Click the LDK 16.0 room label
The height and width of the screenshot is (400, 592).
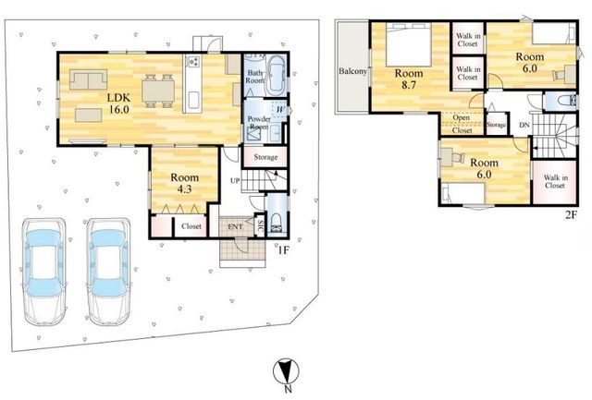point(119,103)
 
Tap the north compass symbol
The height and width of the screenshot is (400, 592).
point(286,370)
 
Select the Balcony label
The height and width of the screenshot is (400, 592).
point(352,71)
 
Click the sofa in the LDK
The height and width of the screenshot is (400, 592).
point(89,79)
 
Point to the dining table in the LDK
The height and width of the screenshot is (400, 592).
point(158,91)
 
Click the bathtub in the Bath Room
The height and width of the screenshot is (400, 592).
point(277,76)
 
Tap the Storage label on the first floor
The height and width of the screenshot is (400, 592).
point(265,157)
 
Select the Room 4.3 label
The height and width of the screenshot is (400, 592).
point(184,183)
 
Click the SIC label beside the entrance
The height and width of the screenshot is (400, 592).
point(260,225)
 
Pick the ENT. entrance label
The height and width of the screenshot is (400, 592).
point(235,226)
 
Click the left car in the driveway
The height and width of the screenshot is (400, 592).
point(44,272)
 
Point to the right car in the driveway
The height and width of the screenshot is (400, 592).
point(108,272)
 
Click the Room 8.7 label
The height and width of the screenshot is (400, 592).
point(409,79)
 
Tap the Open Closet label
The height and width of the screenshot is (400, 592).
point(462,124)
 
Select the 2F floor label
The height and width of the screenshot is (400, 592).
point(571,214)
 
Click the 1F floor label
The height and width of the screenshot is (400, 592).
point(283,250)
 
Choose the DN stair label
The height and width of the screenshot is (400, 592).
point(524,125)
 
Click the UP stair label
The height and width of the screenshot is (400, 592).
point(235,180)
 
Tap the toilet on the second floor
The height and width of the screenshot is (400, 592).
point(567,101)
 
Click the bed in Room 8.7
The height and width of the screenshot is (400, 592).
point(409,44)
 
